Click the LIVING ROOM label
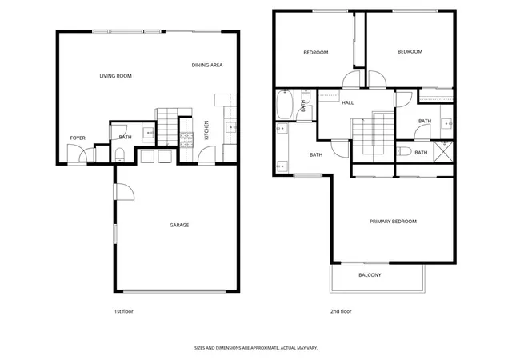tap(115, 76)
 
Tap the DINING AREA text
tap(207, 66)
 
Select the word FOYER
tap(78, 138)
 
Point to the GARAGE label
tap(179, 225)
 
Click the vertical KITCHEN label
tap(206, 130)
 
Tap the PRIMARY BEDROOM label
tap(393, 222)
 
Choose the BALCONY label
tap(370, 275)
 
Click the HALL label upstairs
tap(348, 103)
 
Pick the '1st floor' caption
tap(124, 311)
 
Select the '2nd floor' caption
tap(341, 311)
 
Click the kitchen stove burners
tap(186, 140)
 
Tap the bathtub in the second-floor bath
tap(285, 105)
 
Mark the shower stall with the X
tap(443, 151)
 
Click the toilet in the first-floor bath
tap(120, 155)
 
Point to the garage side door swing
tap(125, 192)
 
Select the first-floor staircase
tap(167, 127)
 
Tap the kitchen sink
tap(231, 127)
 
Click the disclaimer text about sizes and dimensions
tap(256, 348)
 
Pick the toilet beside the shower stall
tap(404, 151)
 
